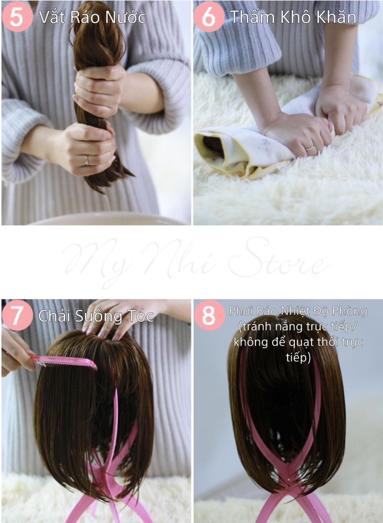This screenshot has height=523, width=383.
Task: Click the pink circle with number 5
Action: tap(17, 17)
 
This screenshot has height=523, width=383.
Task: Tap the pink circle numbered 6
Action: tap(209, 17)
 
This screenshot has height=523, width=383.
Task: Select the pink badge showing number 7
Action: tap(17, 315)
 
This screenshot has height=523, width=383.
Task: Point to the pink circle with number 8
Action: tap(209, 315)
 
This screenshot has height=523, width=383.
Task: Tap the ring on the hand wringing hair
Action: tap(87, 161)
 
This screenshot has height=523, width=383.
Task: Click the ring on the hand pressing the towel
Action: tap(311, 148)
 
